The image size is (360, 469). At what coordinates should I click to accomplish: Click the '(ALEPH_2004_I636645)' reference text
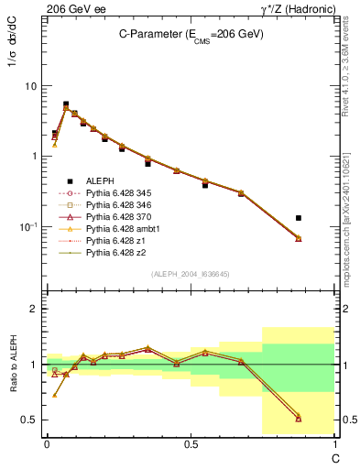(x=191, y=274)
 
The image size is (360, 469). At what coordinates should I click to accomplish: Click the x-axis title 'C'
(x=335, y=457)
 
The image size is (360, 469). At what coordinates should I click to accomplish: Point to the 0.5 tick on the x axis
(x=191, y=444)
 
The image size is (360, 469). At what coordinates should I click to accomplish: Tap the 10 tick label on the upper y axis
(x=31, y=86)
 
